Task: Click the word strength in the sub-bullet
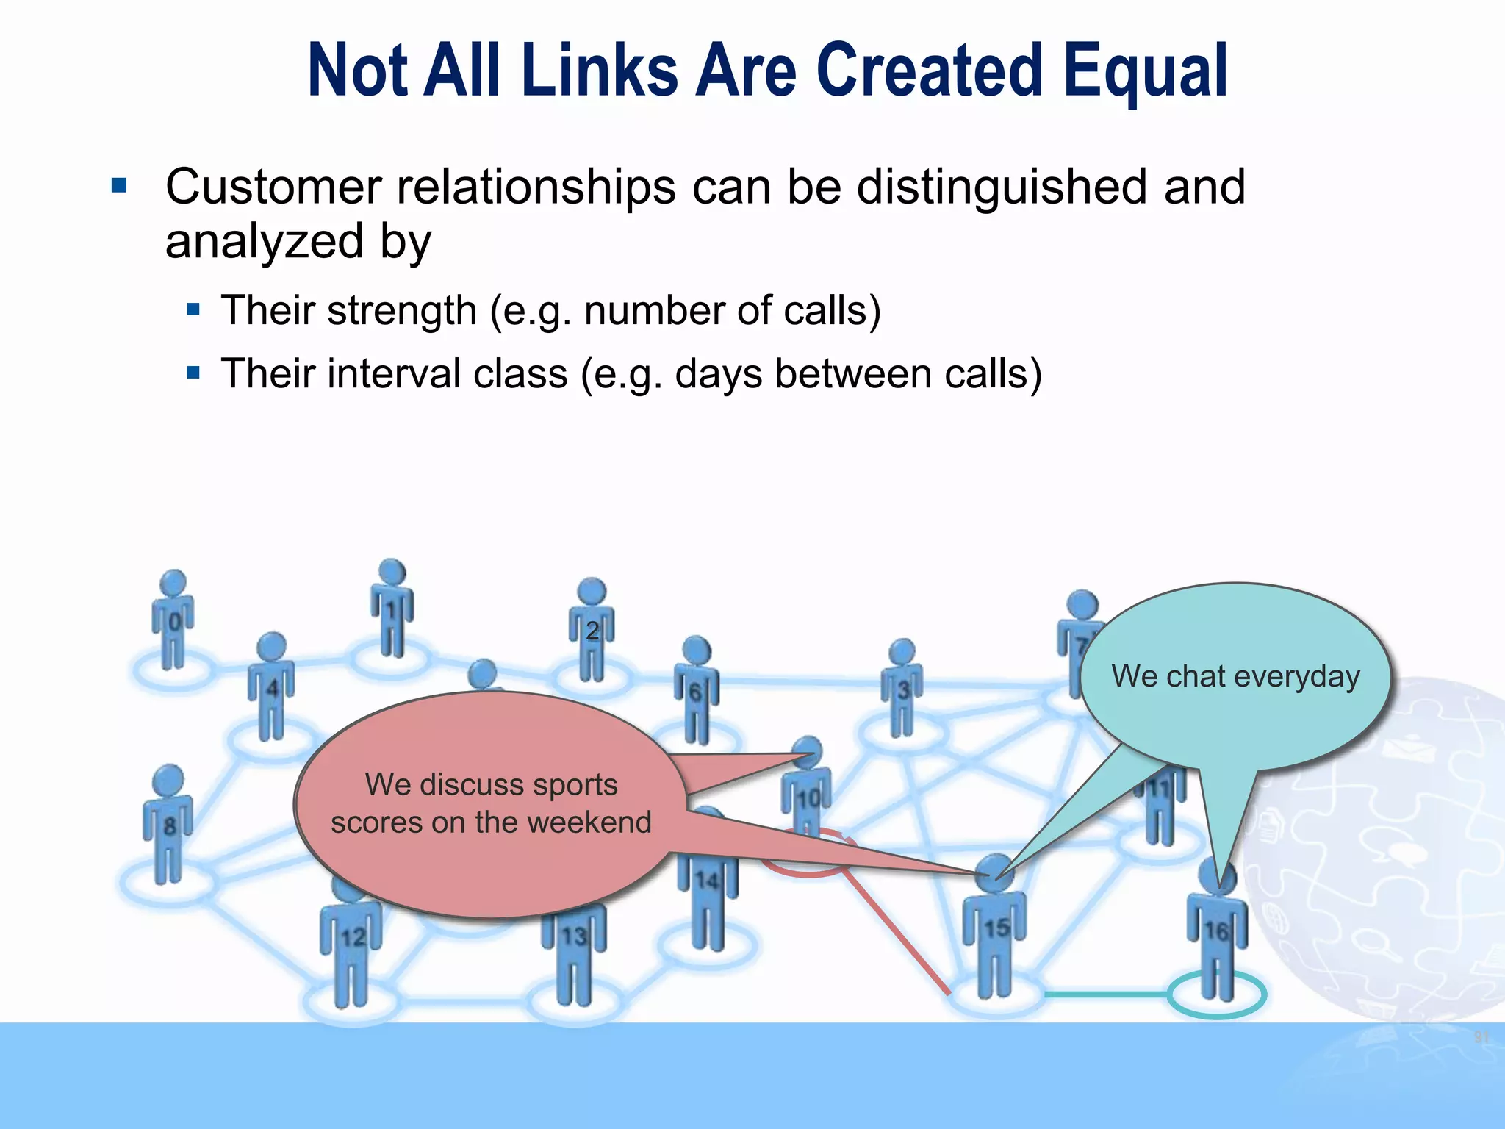402,310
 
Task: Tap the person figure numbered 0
173,621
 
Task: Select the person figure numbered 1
392,609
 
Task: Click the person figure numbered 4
271,687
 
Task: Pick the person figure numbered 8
168,823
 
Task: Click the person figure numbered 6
696,691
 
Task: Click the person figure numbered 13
574,948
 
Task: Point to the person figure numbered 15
995,926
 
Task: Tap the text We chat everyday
1235,676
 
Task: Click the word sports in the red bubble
575,784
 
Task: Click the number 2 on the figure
592,630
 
